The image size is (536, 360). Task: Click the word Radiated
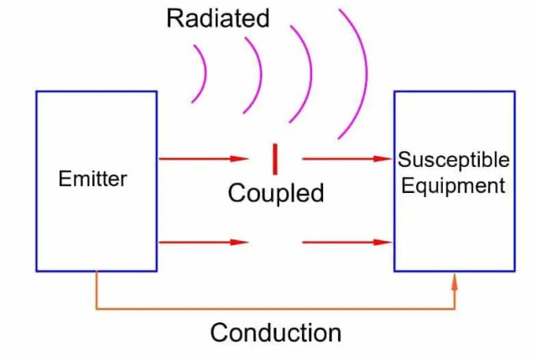point(218,18)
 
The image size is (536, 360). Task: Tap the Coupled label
point(275,193)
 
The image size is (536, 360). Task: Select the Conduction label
point(275,332)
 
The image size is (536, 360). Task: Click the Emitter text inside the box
point(92,179)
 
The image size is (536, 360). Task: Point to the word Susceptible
point(453,159)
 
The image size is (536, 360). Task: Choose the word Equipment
point(453,185)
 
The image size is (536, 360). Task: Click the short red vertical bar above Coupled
point(274,158)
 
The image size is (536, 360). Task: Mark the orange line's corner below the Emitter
point(97,309)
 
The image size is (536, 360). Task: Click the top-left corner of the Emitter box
point(37,92)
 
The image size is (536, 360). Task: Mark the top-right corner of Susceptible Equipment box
point(513,92)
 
